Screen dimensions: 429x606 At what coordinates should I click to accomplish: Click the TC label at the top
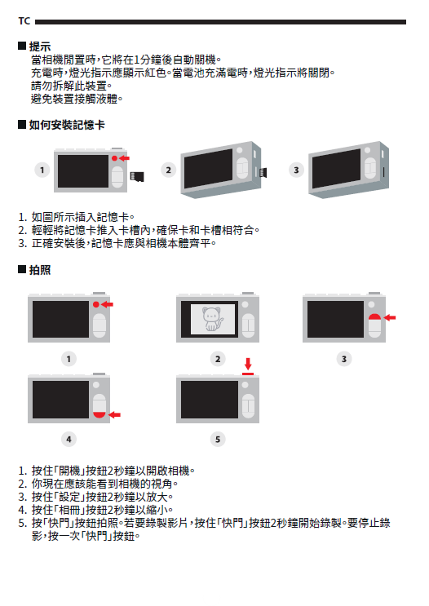[x=24, y=21]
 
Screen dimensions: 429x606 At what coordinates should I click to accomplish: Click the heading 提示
[x=40, y=46]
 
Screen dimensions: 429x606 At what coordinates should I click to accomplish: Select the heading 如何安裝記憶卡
[x=67, y=125]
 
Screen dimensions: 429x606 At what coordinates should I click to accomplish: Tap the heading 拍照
[x=40, y=270]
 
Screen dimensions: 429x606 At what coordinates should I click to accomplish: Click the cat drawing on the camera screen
[x=213, y=319]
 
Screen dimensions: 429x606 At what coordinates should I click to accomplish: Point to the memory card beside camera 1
[x=137, y=177]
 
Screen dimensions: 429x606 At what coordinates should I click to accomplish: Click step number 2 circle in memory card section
[x=169, y=170]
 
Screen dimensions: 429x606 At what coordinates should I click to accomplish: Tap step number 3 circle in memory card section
[x=296, y=170]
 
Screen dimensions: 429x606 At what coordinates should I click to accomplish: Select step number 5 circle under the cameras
[x=218, y=439]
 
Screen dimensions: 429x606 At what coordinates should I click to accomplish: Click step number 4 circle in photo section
[x=69, y=439]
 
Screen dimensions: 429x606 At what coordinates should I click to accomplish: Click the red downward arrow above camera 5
[x=248, y=364]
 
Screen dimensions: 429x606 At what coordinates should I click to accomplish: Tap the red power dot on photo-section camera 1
[x=96, y=304]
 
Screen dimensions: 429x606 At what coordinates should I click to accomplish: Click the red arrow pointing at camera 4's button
[x=114, y=414]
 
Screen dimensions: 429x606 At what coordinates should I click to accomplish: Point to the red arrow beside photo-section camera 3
[x=390, y=317]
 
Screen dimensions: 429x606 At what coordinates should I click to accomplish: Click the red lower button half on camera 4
[x=100, y=414]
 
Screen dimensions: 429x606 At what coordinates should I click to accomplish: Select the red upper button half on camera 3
[x=374, y=317]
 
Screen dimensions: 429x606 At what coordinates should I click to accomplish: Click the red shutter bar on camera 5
[x=248, y=374]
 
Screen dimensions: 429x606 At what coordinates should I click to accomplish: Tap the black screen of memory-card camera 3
[x=336, y=169]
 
